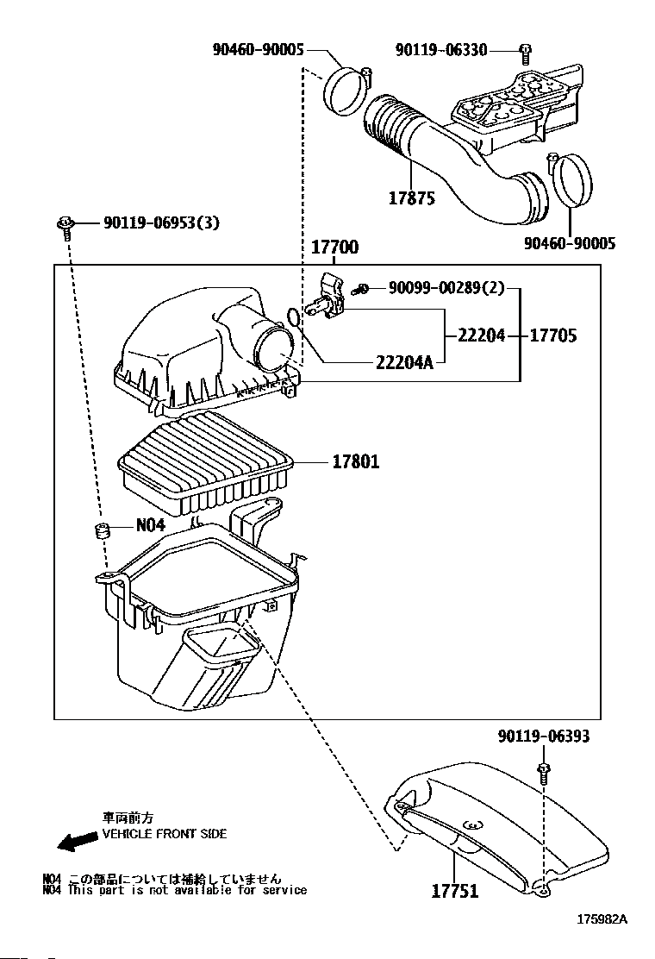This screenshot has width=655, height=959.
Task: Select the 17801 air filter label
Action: pos(355,462)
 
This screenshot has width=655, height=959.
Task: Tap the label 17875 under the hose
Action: pos(411,198)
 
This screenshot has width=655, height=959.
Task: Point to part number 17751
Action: pos(454,891)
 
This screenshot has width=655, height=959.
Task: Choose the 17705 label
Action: pos(552,335)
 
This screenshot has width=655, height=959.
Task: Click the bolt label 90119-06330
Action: pos(442,50)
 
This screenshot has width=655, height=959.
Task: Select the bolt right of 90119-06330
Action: pos(524,52)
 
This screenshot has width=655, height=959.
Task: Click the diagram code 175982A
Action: pos(602,919)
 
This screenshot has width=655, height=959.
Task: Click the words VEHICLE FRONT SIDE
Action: pos(165,834)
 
